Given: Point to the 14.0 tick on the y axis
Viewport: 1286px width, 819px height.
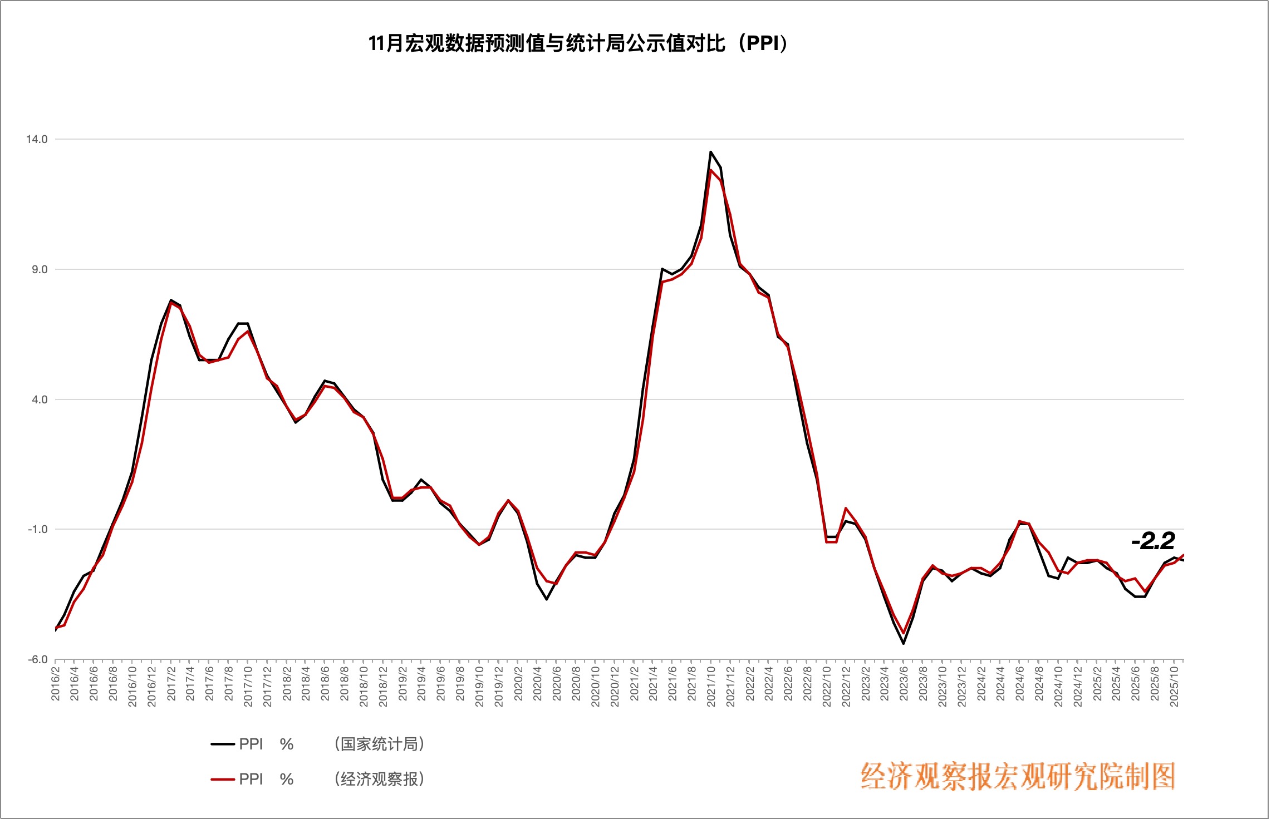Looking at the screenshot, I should [37, 139].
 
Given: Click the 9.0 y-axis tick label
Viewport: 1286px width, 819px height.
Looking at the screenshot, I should [39, 269].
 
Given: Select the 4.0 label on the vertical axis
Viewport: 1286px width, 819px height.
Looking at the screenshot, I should [39, 399].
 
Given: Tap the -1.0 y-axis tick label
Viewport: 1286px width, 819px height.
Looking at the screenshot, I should [37, 529].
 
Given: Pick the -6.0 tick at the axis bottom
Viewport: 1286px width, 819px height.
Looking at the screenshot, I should [37, 659].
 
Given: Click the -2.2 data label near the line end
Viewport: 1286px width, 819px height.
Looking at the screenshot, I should [1153, 541].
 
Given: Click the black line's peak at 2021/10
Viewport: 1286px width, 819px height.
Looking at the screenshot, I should [711, 151].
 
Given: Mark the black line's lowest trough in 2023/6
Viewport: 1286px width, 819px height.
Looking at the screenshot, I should [904, 644].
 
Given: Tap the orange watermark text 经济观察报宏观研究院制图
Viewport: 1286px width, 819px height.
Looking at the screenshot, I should [1018, 776].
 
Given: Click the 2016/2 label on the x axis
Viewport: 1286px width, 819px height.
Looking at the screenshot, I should [56, 684].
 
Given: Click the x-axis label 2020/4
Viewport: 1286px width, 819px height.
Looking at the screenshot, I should [537, 684].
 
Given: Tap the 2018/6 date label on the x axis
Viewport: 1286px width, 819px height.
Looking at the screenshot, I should [325, 684].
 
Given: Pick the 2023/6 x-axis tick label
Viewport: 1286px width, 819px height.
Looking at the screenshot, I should [904, 684].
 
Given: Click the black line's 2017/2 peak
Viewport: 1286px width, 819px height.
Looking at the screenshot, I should [171, 300].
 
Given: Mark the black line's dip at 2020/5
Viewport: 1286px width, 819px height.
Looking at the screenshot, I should [547, 599].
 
